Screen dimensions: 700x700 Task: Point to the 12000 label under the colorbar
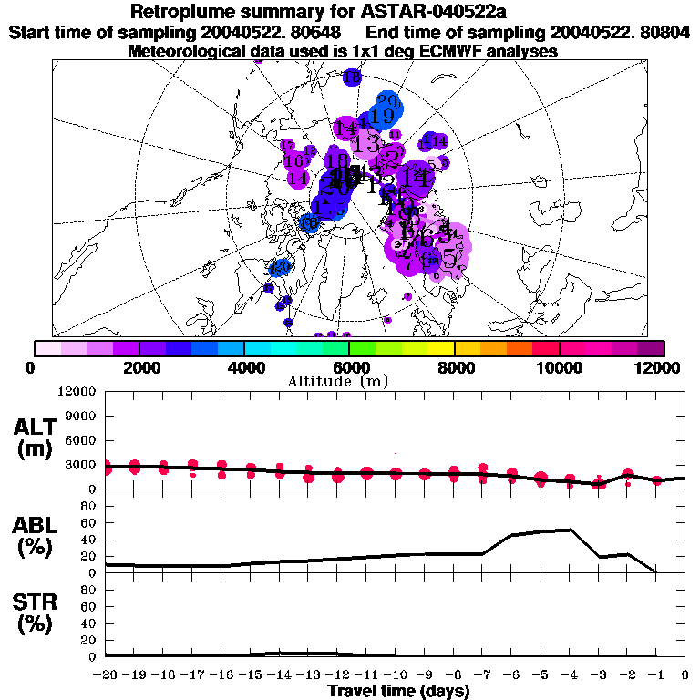(x=660, y=367)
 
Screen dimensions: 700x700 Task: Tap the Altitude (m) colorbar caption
(x=349, y=380)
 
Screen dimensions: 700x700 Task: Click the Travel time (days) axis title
(x=398, y=691)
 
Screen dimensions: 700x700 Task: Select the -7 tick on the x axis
(x=480, y=675)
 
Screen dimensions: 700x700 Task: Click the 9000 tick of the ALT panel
(x=79, y=416)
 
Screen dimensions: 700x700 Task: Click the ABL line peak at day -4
(x=570, y=530)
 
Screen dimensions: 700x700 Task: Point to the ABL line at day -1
(x=656, y=572)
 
